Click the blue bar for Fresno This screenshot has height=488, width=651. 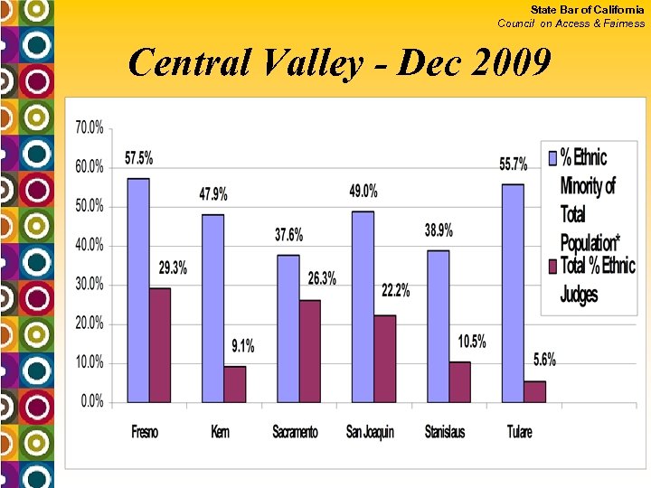coord(138,290)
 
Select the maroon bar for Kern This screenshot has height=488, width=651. coord(235,384)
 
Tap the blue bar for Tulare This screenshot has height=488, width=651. coord(513,293)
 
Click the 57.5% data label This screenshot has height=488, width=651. coord(138,158)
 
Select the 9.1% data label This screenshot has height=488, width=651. coord(241,345)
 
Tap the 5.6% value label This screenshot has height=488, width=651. coord(543,360)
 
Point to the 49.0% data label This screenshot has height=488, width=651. coord(363,192)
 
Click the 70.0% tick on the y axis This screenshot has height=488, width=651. coord(89,127)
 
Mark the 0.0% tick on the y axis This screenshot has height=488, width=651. coord(91,401)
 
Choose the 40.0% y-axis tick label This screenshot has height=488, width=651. coord(89,245)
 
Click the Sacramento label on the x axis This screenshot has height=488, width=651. coord(295,432)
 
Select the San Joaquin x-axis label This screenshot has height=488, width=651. coord(370,432)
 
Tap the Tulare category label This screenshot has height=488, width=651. coord(520,432)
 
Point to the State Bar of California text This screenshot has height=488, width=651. coord(587,9)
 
